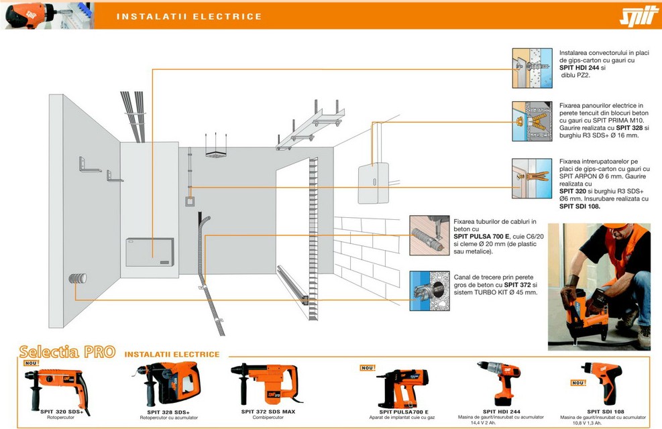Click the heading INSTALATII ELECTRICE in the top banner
point(189,16)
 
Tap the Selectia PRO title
point(67,352)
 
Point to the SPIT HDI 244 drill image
point(500,383)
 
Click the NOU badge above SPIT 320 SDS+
point(32,363)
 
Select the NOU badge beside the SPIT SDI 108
point(578,383)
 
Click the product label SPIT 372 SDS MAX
point(268,412)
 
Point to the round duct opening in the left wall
point(75,280)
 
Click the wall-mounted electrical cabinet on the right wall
point(374,183)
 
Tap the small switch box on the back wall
point(191,200)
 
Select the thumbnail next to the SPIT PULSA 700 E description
point(429,235)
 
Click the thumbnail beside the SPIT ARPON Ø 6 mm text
point(532,178)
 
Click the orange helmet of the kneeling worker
point(608,233)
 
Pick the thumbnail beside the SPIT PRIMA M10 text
point(532,121)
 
